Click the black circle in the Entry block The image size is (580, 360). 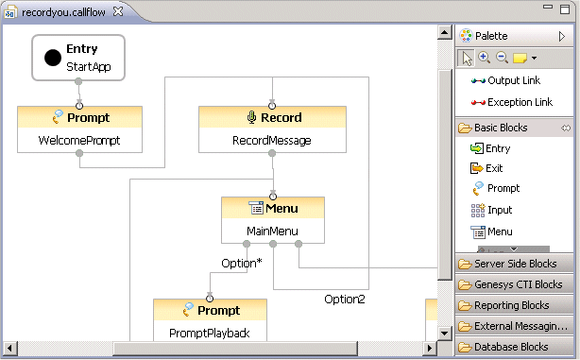(x=52, y=59)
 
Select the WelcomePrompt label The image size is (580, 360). (x=79, y=142)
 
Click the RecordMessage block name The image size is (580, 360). (x=273, y=142)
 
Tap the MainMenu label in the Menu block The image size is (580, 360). (x=273, y=231)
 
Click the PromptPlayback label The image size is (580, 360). (x=210, y=333)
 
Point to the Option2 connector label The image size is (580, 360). (x=345, y=300)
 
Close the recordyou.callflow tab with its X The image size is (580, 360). (x=117, y=11)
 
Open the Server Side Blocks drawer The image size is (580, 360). (x=515, y=264)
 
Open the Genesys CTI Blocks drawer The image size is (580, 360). (x=518, y=284)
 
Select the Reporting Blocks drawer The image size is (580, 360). (x=511, y=305)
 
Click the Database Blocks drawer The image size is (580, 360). (x=511, y=347)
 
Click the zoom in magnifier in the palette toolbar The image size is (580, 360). (x=484, y=58)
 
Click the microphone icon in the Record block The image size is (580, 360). (x=251, y=118)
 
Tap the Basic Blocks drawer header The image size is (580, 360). (x=500, y=128)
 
